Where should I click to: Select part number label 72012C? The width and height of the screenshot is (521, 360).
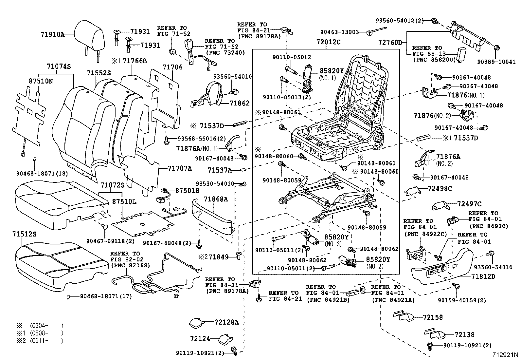pyautogui.click(x=328, y=42)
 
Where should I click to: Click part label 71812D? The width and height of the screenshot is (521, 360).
pyautogui.click(x=483, y=276)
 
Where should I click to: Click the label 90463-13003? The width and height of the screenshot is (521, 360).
pyautogui.click(x=339, y=32)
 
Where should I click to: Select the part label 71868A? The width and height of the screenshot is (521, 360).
pyautogui.click(x=216, y=199)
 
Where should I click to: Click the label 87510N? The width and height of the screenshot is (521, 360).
pyautogui.click(x=40, y=81)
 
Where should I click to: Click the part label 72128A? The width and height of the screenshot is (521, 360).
pyautogui.click(x=226, y=322)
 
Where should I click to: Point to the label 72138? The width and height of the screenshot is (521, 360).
pyautogui.click(x=464, y=335)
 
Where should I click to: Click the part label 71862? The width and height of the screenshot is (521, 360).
pyautogui.click(x=240, y=103)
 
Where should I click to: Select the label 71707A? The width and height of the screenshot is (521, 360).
pyautogui.click(x=180, y=168)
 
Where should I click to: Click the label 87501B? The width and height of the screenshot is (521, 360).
pyautogui.click(x=187, y=191)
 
